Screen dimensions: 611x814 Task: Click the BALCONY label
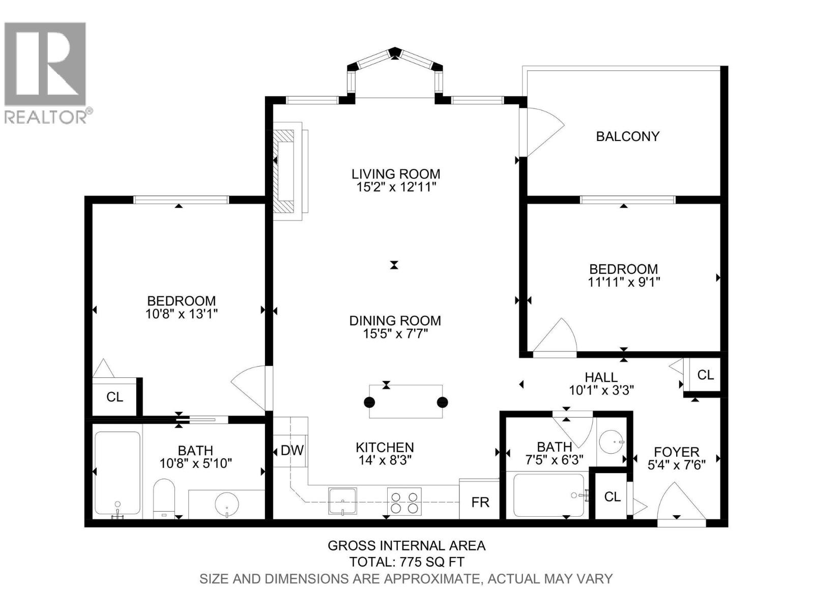click(627, 136)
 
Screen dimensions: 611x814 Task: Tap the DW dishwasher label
click(292, 450)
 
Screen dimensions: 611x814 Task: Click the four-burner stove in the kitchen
click(404, 501)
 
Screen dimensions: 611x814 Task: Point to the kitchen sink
click(342, 501)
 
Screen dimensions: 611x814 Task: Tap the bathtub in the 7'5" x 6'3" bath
click(549, 495)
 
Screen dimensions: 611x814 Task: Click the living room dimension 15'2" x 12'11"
click(396, 187)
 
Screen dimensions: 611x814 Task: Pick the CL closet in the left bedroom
click(114, 397)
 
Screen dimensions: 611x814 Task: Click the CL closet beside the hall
click(705, 375)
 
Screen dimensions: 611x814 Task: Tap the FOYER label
click(676, 452)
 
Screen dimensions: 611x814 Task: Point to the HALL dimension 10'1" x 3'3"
click(601, 391)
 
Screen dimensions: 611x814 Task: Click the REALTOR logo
click(46, 71)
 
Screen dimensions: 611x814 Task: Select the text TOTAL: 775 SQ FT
click(406, 562)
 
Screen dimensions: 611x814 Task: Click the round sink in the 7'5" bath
click(611, 441)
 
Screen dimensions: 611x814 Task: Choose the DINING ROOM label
click(395, 321)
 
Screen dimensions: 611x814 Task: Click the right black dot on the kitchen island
click(442, 402)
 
